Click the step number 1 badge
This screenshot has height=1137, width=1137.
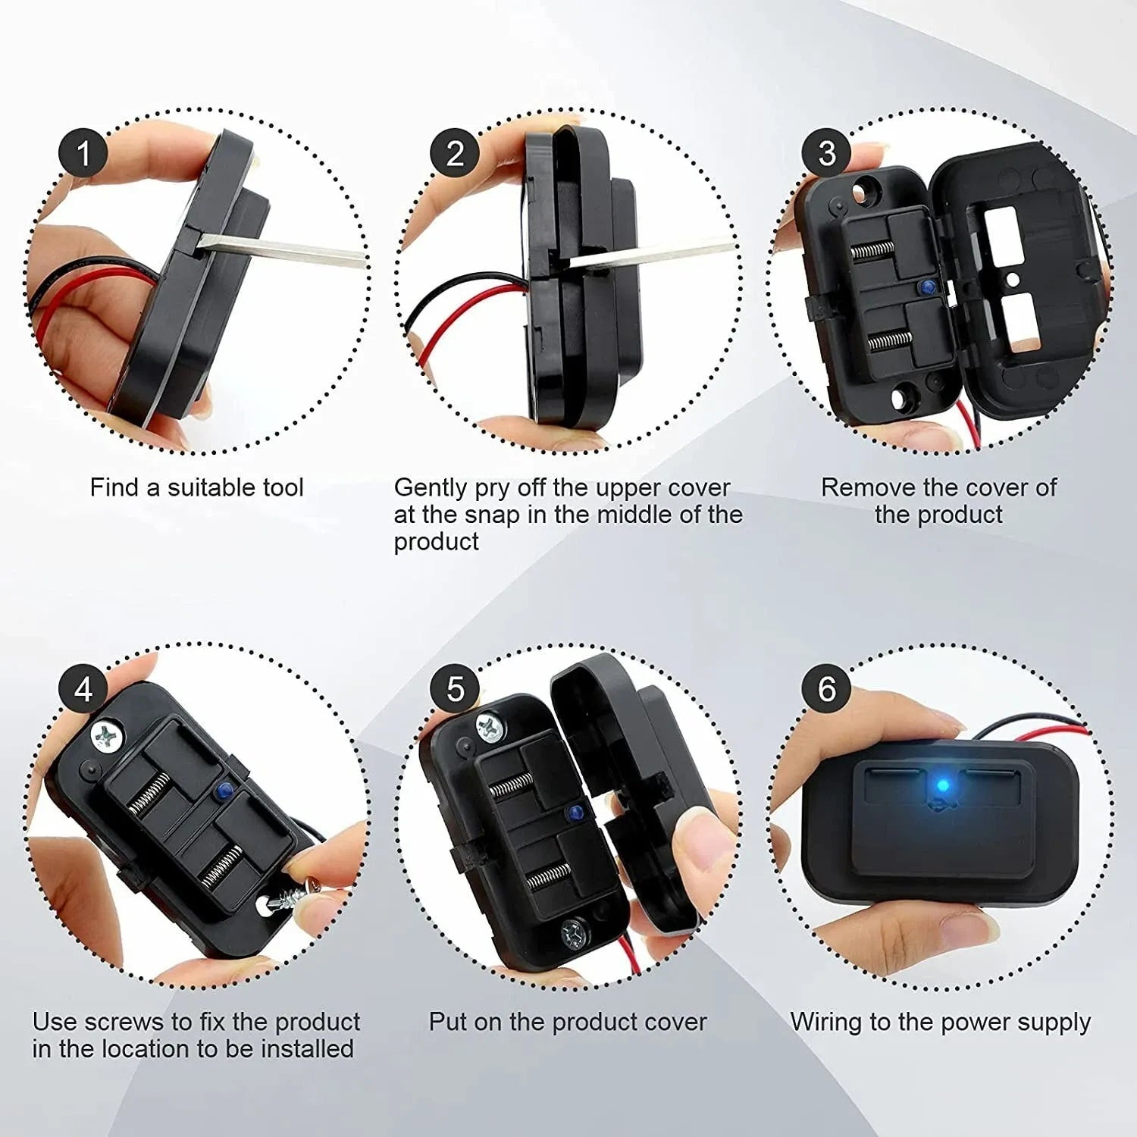(83, 154)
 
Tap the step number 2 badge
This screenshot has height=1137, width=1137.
(455, 154)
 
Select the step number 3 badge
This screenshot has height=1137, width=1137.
(827, 154)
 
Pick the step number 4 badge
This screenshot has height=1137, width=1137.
(83, 689)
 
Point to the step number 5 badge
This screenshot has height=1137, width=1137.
(455, 689)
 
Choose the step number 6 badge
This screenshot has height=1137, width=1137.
(827, 689)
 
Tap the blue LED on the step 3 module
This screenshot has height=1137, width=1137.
(926, 287)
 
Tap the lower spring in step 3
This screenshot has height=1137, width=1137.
(888, 340)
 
